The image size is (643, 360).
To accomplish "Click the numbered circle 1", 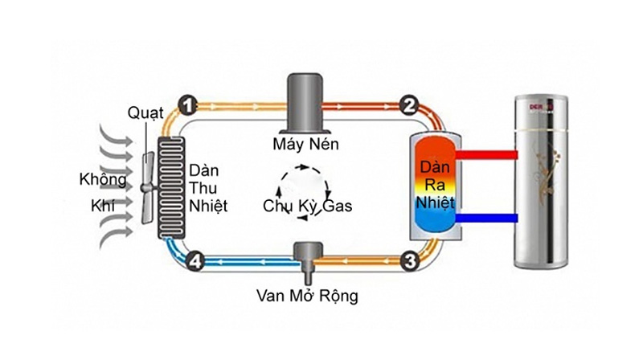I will (x=186, y=104).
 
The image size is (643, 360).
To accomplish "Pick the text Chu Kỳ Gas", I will (x=307, y=206).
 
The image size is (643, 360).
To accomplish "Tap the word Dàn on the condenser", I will (x=434, y=170).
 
